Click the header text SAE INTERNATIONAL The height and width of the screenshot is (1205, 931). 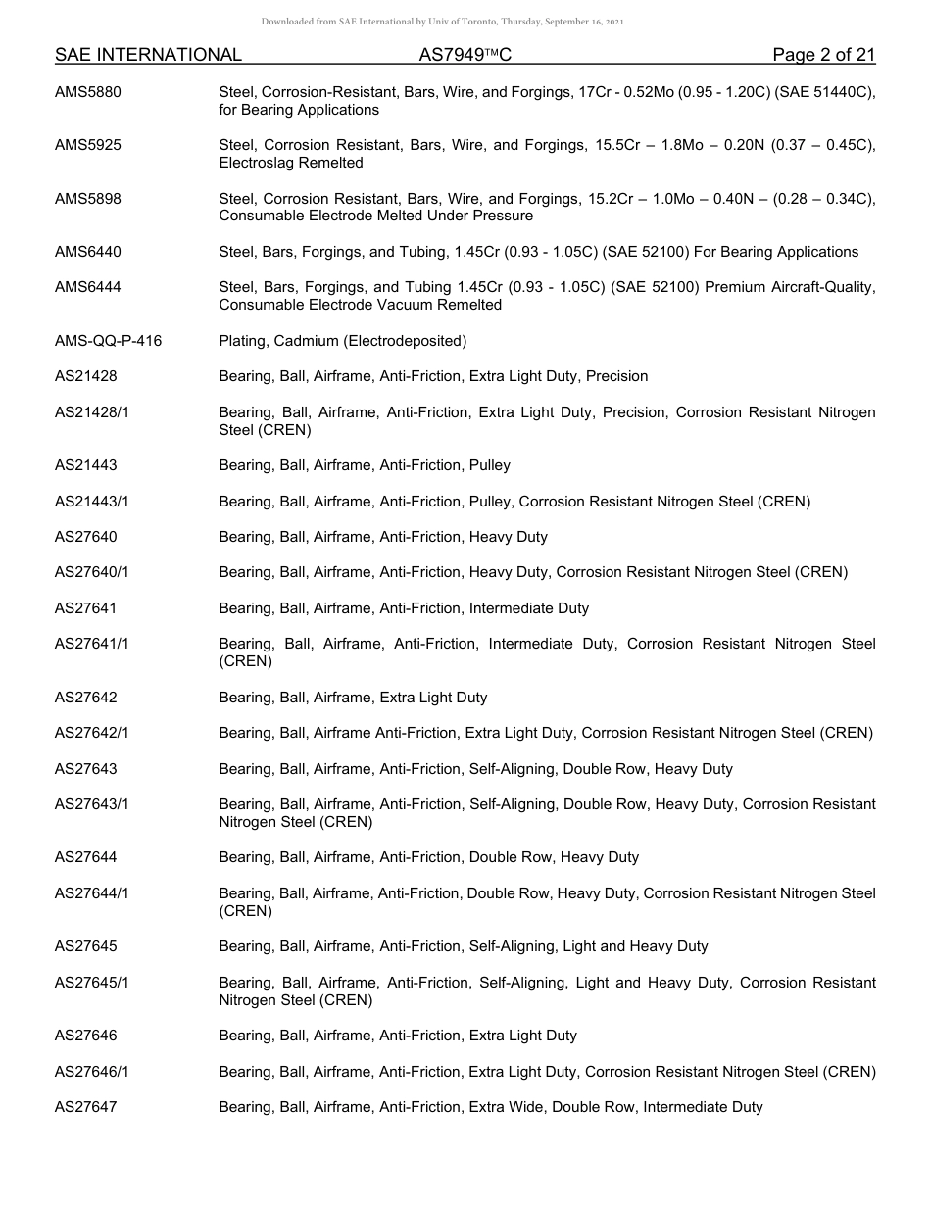[148, 55]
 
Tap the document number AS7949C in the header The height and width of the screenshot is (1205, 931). [465, 55]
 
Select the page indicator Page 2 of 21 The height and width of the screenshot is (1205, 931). [823, 55]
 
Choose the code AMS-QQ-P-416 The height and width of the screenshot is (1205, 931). [109, 341]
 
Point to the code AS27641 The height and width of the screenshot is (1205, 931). [85, 608]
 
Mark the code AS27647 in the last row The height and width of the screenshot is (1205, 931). [85, 1107]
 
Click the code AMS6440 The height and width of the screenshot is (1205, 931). [88, 252]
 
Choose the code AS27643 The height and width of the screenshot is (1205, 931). [85, 769]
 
